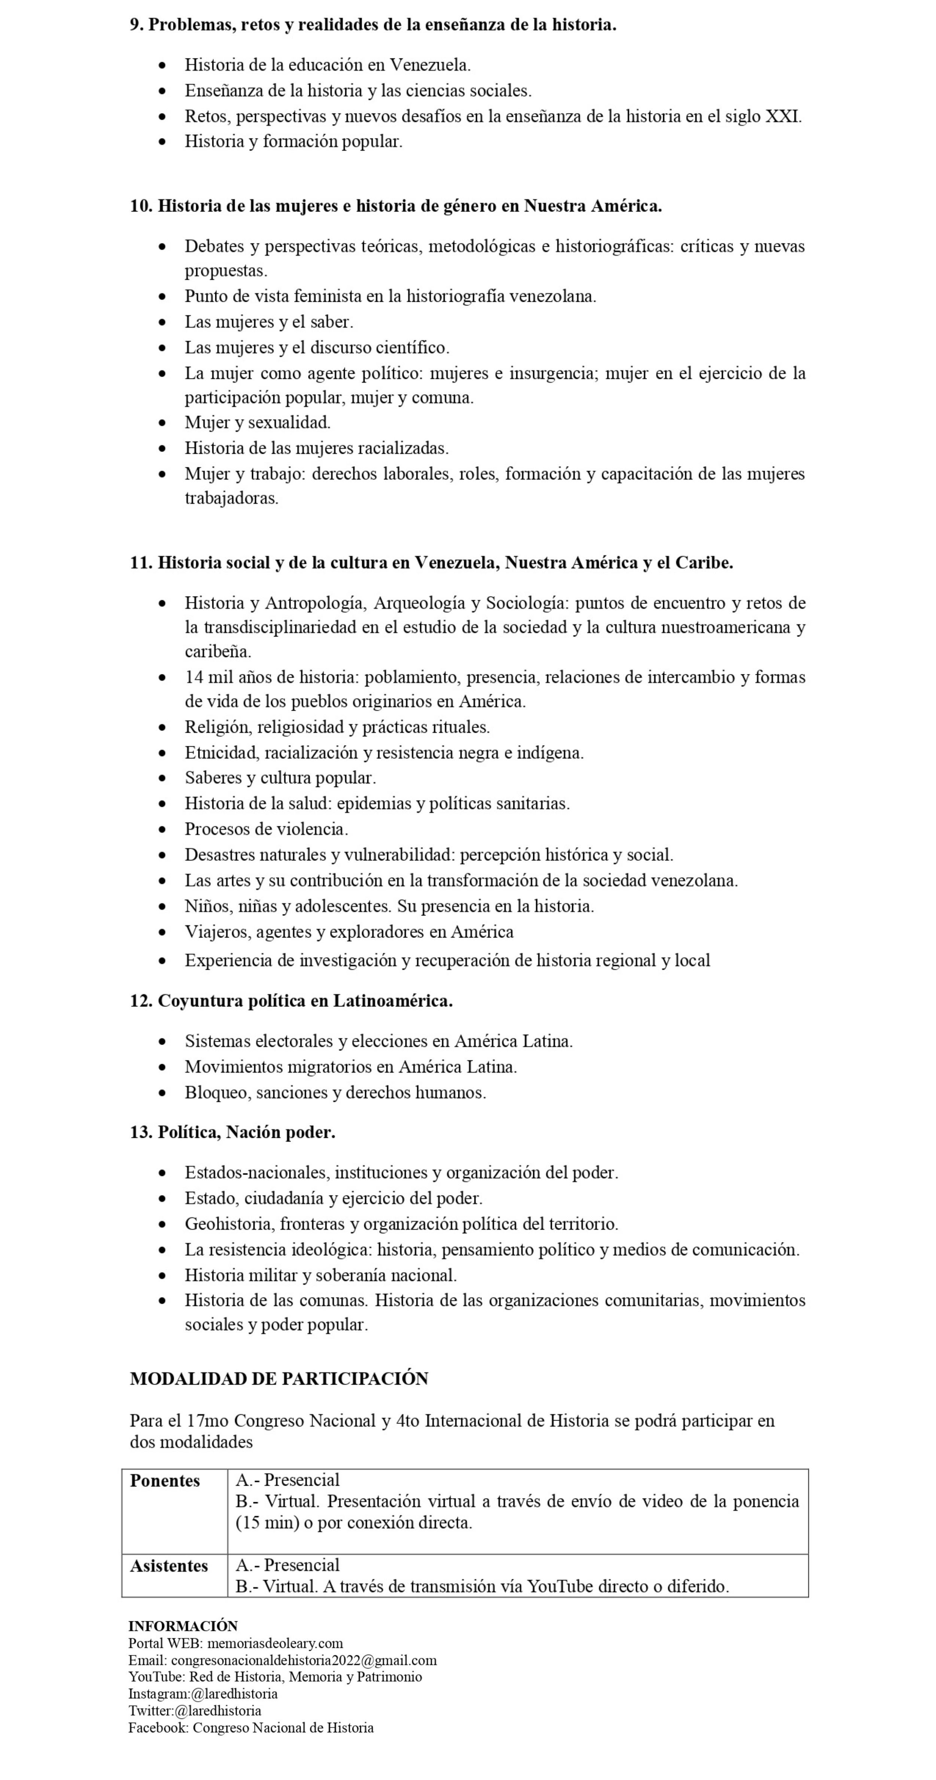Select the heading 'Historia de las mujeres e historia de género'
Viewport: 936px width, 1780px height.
(396, 206)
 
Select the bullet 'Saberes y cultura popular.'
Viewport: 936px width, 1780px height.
(280, 778)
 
